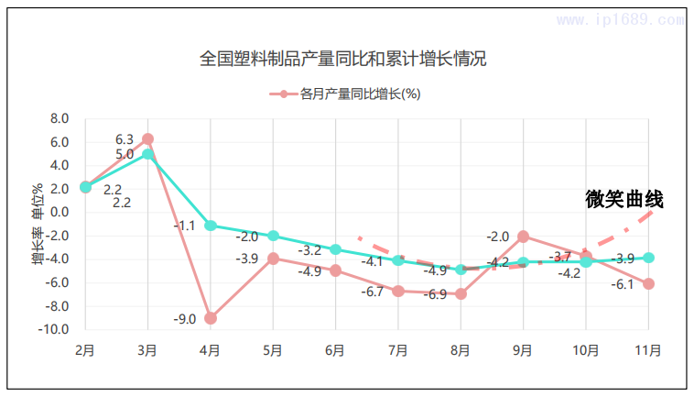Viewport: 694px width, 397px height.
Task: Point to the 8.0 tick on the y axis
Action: pos(60,119)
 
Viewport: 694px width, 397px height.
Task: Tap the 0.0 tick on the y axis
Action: pos(60,213)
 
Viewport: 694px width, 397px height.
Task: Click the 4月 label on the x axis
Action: pos(210,350)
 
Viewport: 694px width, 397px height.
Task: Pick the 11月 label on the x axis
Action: pos(648,350)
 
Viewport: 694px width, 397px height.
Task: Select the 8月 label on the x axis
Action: pos(461,350)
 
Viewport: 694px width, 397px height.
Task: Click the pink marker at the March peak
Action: pos(147,139)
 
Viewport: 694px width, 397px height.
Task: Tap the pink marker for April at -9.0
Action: pos(211,318)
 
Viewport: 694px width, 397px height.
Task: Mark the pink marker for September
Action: pos(524,237)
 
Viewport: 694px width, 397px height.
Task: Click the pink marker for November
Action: pos(649,284)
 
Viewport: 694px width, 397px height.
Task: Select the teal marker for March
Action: pos(147,154)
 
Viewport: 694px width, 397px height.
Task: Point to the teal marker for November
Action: pos(649,258)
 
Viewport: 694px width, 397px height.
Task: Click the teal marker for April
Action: pos(211,226)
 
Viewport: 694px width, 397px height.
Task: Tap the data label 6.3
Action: pos(125,139)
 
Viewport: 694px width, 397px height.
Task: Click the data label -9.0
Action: pos(185,319)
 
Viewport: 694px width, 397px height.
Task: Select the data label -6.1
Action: pos(623,285)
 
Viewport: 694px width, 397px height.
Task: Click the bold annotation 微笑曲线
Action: pos(624,199)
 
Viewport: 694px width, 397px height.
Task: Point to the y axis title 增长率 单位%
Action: pos(38,225)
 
